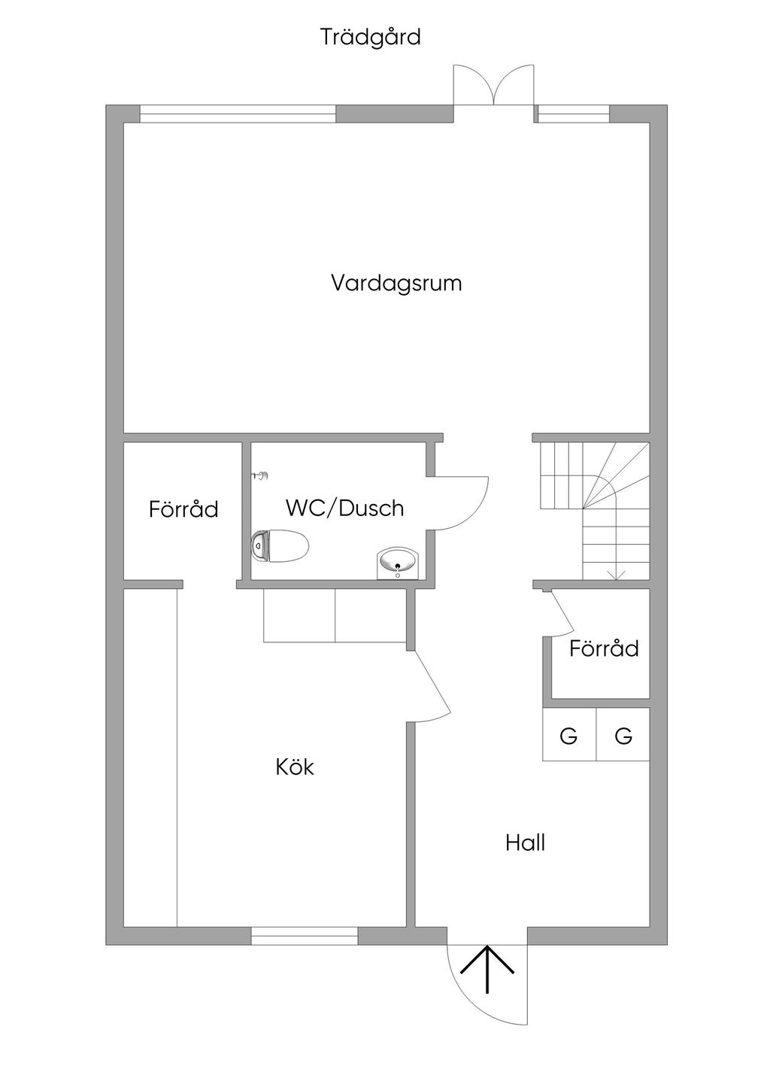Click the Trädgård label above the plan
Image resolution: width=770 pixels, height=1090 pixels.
point(370,38)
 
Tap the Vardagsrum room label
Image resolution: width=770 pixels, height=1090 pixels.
point(396,283)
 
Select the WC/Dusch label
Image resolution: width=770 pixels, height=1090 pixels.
point(345,508)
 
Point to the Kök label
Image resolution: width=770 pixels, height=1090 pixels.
point(294,767)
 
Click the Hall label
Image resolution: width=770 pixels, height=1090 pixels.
point(525,843)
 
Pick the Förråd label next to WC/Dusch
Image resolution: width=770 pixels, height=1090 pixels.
point(183,509)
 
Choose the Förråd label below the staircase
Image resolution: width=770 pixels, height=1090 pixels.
point(604,648)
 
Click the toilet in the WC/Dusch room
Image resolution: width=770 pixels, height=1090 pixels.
point(280,546)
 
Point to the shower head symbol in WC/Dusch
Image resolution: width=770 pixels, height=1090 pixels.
point(261,475)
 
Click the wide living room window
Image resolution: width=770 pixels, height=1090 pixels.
point(238,114)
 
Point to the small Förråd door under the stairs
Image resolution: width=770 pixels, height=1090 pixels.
point(562,613)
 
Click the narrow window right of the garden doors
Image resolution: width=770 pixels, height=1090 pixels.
point(572,114)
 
